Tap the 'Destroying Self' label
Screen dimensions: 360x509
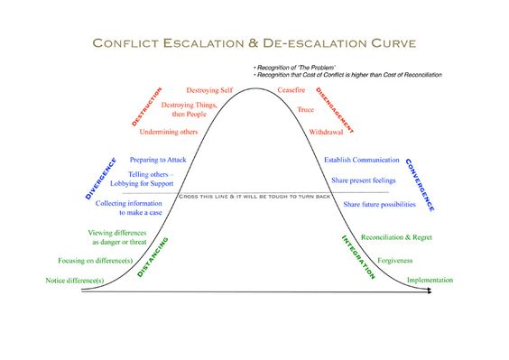[209, 91]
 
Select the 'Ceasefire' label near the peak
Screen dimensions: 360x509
[292, 91]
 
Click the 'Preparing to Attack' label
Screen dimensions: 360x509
[158, 159]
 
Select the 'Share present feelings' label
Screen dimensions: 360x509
[363, 180]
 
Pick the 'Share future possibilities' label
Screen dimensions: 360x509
[380, 205]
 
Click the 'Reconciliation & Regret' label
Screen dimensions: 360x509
[391, 237]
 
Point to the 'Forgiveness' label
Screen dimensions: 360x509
[394, 260]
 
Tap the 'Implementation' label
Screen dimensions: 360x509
[430, 281]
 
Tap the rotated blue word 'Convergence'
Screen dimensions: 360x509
[420, 184]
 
